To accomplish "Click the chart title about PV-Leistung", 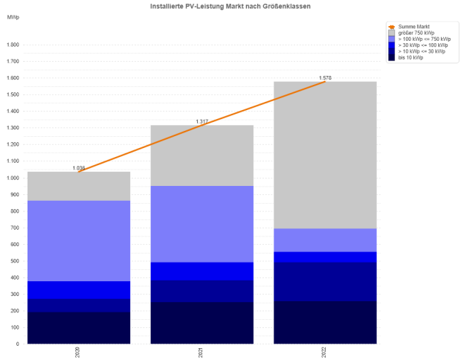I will pos(230,6).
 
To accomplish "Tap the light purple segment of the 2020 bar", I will pos(79,241).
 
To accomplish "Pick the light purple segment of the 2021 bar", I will pos(202,224).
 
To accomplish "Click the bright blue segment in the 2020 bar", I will pos(79,290).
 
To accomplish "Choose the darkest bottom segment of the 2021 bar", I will pos(202,323).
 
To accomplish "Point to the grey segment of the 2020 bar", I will pos(79,186).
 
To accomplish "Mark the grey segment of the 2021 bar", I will pos(202,155).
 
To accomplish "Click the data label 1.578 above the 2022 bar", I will pos(325,77).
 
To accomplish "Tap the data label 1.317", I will pos(202,121).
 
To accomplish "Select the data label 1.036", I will pos(79,168).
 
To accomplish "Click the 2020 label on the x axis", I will pos(78,351).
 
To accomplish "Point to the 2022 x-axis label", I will pos(325,351).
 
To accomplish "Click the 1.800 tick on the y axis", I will pos(13,45).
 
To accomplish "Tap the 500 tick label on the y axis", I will pos(14,261).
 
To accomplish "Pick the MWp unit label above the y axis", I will pos(13,16).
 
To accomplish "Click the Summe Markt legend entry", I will pos(413,26).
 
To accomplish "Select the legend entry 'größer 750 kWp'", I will pos(416,32).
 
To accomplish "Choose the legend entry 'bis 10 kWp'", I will pos(411,57).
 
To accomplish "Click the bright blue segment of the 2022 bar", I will pos(325,257).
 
